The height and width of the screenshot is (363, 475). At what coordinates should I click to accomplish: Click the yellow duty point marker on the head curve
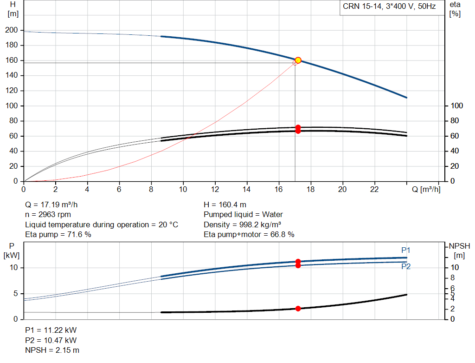point(298,60)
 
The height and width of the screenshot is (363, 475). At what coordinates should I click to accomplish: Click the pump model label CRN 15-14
point(362,7)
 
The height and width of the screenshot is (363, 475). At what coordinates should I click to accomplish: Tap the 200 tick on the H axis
point(12,30)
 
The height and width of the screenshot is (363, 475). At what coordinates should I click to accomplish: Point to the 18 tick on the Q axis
point(310,189)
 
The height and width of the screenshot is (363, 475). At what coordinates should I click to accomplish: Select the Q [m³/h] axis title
point(426,189)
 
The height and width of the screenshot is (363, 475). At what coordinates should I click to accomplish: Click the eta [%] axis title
point(455,9)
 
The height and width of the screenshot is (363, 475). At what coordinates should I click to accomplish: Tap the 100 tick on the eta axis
point(457,106)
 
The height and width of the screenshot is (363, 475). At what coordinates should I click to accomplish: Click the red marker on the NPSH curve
point(298,309)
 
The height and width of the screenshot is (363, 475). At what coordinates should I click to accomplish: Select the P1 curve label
point(405,250)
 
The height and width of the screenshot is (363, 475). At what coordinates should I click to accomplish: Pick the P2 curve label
point(406,266)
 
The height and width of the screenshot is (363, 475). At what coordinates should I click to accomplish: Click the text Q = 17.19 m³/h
point(51,205)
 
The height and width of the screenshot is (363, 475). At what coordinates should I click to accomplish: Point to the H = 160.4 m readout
point(225,205)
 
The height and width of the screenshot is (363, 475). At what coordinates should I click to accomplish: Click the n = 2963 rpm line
point(48,215)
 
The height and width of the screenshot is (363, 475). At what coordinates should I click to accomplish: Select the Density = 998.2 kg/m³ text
point(242,224)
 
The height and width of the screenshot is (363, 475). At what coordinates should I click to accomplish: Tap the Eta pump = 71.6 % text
point(58,234)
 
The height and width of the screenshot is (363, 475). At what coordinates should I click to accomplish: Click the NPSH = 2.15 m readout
point(52,350)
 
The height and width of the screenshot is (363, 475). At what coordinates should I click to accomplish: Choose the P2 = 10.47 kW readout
point(51,340)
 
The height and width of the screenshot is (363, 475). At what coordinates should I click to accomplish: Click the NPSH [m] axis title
point(459,251)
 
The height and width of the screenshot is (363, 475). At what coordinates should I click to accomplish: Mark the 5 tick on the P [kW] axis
point(15,293)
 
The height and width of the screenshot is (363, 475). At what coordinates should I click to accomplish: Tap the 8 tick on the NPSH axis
point(453,278)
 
